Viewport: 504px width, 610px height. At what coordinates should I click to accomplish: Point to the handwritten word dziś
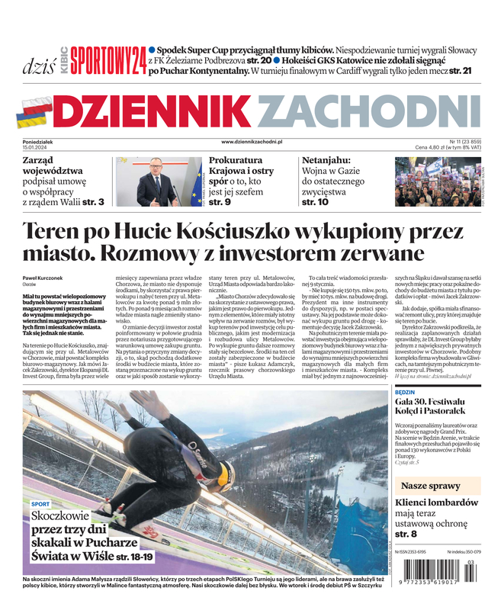tap(34, 64)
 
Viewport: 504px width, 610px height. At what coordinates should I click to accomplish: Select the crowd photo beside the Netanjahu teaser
tap(438, 181)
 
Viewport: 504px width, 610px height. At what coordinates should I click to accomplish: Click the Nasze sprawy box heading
tap(430, 486)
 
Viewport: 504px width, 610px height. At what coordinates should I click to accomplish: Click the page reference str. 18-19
tap(135, 557)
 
